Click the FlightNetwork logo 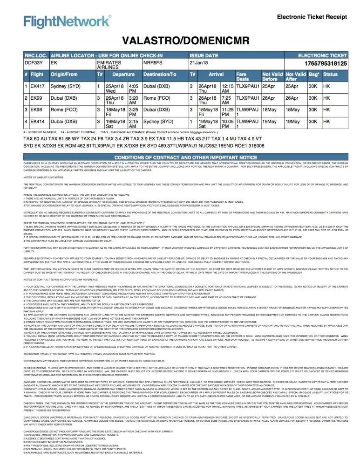coord(68,21)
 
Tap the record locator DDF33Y coord(34,62)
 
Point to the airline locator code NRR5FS coord(153,62)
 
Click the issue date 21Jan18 coord(198,62)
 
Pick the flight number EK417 coord(38,86)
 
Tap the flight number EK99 coord(36,98)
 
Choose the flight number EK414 coord(38,123)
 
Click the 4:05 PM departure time coord(133,89)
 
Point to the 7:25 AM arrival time coord(227,101)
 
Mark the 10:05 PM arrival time coord(227,125)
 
